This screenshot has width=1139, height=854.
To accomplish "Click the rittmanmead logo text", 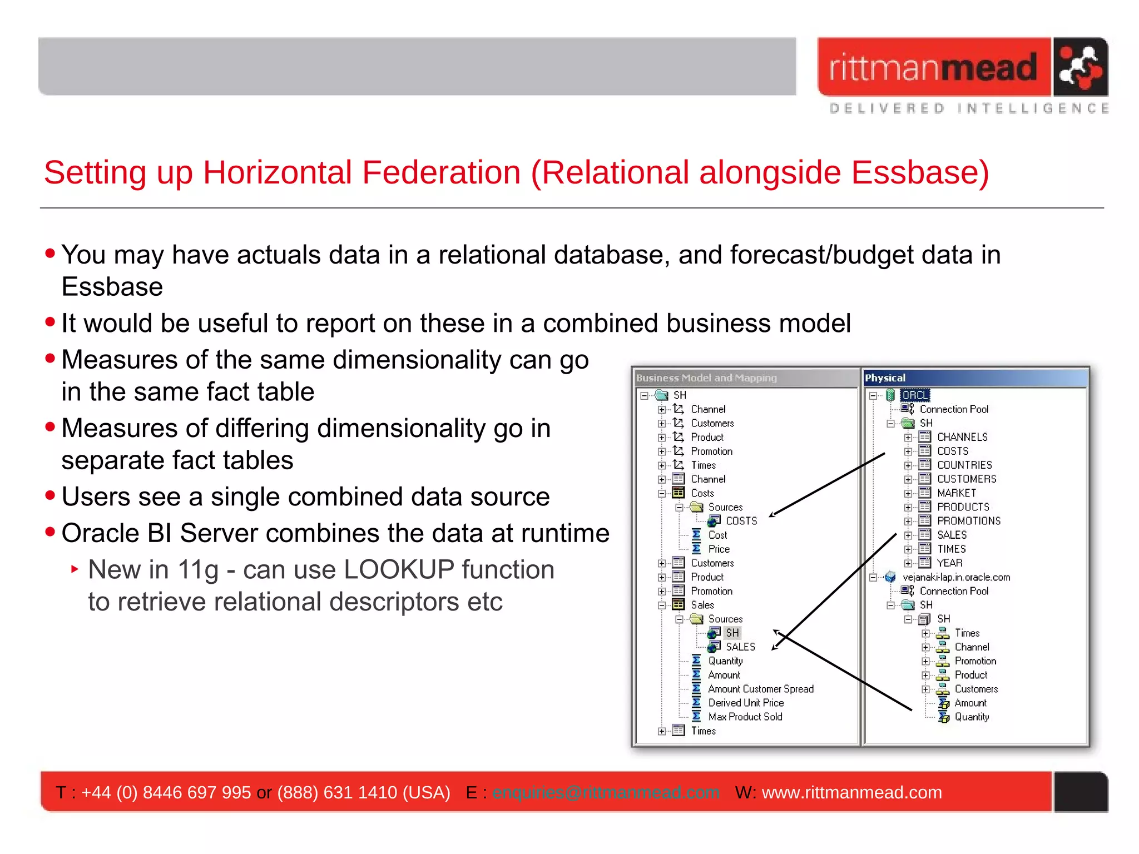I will [933, 67].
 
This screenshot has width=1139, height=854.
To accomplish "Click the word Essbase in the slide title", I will [920, 172].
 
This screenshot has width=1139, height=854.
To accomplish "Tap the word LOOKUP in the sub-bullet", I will [399, 570].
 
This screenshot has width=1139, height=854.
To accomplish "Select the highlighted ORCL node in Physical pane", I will [915, 395].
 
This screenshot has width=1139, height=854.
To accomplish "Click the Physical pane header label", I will [885, 378].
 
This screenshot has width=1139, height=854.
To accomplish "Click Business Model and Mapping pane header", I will [706, 378].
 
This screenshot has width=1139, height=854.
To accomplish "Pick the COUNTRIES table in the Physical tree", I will [964, 465].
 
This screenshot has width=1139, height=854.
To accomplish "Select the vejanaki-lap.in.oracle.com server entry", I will [956, 577].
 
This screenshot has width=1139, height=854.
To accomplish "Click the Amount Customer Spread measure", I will [760, 689].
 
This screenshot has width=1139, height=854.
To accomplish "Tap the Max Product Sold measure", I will [745, 717].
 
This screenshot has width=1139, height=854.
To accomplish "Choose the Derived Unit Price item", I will [745, 703].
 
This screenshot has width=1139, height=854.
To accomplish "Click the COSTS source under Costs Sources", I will [741, 521].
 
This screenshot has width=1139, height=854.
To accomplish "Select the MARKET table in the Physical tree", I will [956, 493].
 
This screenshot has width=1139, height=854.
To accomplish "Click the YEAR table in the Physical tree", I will [949, 563].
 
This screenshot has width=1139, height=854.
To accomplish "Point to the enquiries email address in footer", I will [606, 792].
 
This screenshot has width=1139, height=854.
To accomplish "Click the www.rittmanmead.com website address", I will [851, 792].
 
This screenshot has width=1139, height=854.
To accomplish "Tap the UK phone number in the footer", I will [166, 792].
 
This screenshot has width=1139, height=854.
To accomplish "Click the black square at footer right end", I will [1081, 792].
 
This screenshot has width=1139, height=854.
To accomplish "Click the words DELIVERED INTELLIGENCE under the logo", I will [968, 108].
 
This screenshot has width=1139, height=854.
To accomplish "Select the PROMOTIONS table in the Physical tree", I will [968, 521].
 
